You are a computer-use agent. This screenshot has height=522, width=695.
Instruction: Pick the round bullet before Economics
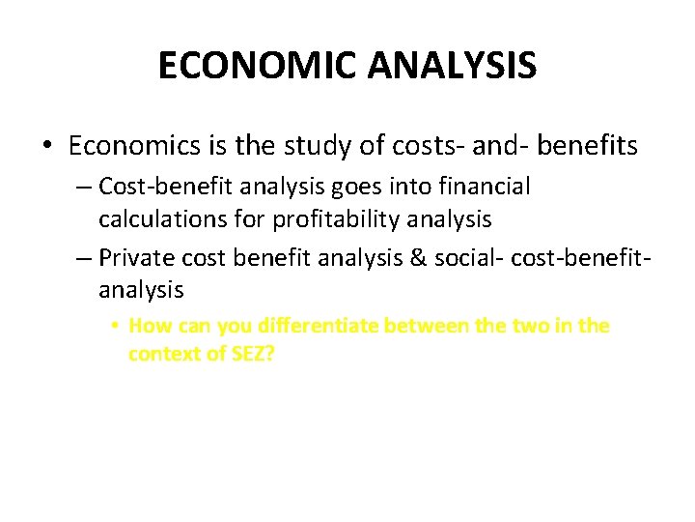48,147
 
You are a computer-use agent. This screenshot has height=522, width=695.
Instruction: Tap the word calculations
153,219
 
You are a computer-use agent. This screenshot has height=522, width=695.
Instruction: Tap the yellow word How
149,326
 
